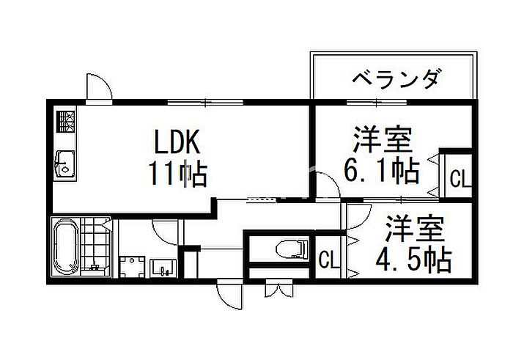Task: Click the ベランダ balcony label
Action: pos(395,79)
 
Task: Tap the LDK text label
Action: pos(177,142)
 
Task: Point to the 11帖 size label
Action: pos(178,174)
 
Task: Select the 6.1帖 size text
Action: pos(382,170)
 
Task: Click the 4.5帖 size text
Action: pos(414,261)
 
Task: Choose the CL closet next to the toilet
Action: pos(330,260)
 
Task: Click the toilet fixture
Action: pos(292,249)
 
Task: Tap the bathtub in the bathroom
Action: pos(66,248)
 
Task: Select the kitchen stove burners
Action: pos(66,122)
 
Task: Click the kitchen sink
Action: pos(65,164)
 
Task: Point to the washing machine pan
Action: pos(132,267)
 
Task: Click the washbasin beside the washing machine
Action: pos(163,268)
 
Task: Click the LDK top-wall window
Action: pos(205,102)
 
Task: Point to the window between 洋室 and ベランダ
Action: pos(377,102)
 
